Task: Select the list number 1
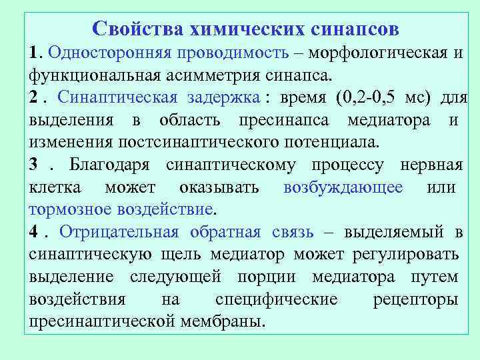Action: coord(35,53)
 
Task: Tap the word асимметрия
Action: coord(203,75)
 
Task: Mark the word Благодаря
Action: coord(110,165)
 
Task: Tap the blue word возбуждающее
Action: coord(343,187)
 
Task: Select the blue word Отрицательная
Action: coord(119,232)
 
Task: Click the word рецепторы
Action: coord(415,299)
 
